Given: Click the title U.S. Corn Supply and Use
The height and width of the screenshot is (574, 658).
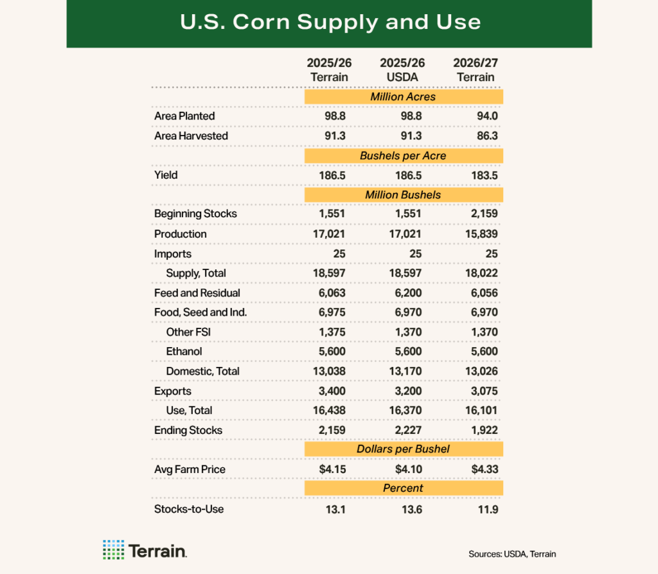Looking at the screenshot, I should coord(329,22).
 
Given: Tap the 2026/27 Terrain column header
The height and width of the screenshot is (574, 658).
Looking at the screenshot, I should coord(476,70).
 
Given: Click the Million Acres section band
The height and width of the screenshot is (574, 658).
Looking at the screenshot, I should coord(403,97).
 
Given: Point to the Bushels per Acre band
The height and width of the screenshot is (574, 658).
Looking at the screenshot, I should coord(403,156).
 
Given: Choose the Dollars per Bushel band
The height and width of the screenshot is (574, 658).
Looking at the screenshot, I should coord(403,449).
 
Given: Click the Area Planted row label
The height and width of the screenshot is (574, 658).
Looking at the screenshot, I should coord(184,116).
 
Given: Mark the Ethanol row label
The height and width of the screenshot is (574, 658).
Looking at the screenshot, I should coord(184,352).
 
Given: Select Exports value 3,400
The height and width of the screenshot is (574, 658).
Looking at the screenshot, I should coord(333,391).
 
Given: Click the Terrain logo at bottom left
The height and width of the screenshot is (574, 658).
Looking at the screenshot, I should coord(145,550).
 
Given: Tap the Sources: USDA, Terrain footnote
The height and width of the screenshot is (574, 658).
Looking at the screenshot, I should coord(511,554).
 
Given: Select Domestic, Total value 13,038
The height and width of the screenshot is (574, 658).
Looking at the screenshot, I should coord(331,372).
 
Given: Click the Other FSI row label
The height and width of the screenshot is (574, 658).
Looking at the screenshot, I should coord(188,332).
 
